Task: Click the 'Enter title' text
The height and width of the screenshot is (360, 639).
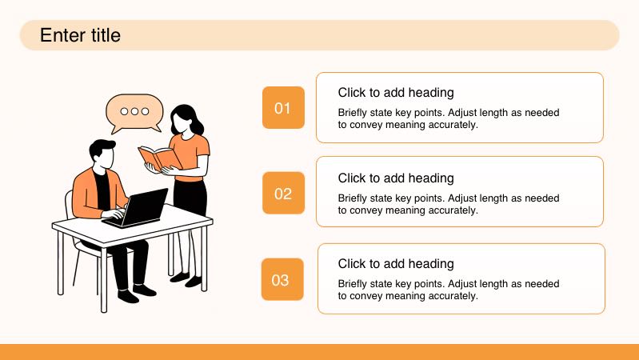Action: (x=80, y=35)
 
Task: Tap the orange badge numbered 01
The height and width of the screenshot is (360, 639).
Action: (x=283, y=108)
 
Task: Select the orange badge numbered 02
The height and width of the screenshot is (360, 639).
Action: (x=283, y=193)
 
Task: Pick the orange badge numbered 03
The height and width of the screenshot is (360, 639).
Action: (x=282, y=279)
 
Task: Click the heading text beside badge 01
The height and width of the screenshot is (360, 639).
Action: (x=396, y=93)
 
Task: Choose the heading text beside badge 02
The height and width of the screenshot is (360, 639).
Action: (x=396, y=178)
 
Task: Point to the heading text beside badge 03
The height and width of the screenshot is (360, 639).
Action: (x=396, y=264)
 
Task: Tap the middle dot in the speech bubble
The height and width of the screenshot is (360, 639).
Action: (x=135, y=111)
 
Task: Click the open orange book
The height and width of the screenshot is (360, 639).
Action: (x=159, y=158)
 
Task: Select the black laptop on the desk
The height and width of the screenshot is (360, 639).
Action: (x=137, y=208)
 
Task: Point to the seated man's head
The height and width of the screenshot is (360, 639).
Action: (x=102, y=154)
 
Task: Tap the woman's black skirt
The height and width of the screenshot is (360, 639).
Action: (x=190, y=197)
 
